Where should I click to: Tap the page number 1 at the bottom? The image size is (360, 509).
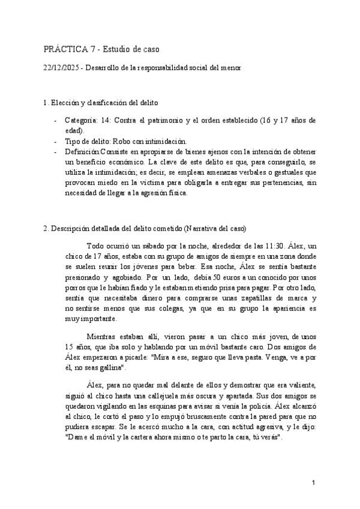(x=314, y=483)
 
